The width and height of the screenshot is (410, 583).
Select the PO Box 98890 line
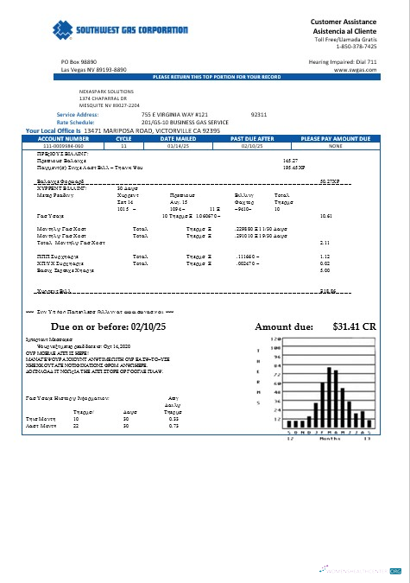coord(79,63)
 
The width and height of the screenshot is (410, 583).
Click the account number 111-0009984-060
coord(63,146)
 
